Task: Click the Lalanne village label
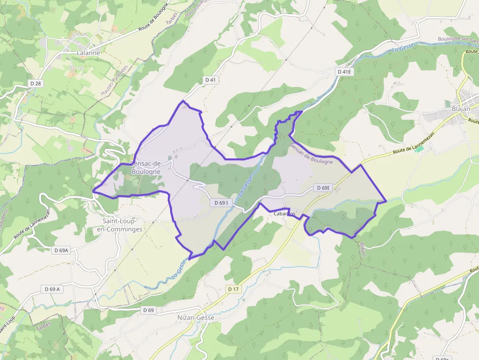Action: coord(88,53)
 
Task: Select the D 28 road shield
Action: coord(36,84)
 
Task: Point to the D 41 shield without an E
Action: coord(210,80)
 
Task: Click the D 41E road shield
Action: coord(345,72)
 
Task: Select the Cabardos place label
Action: coord(284,214)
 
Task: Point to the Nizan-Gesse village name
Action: coord(196,318)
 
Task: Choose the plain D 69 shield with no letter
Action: coord(149,310)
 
